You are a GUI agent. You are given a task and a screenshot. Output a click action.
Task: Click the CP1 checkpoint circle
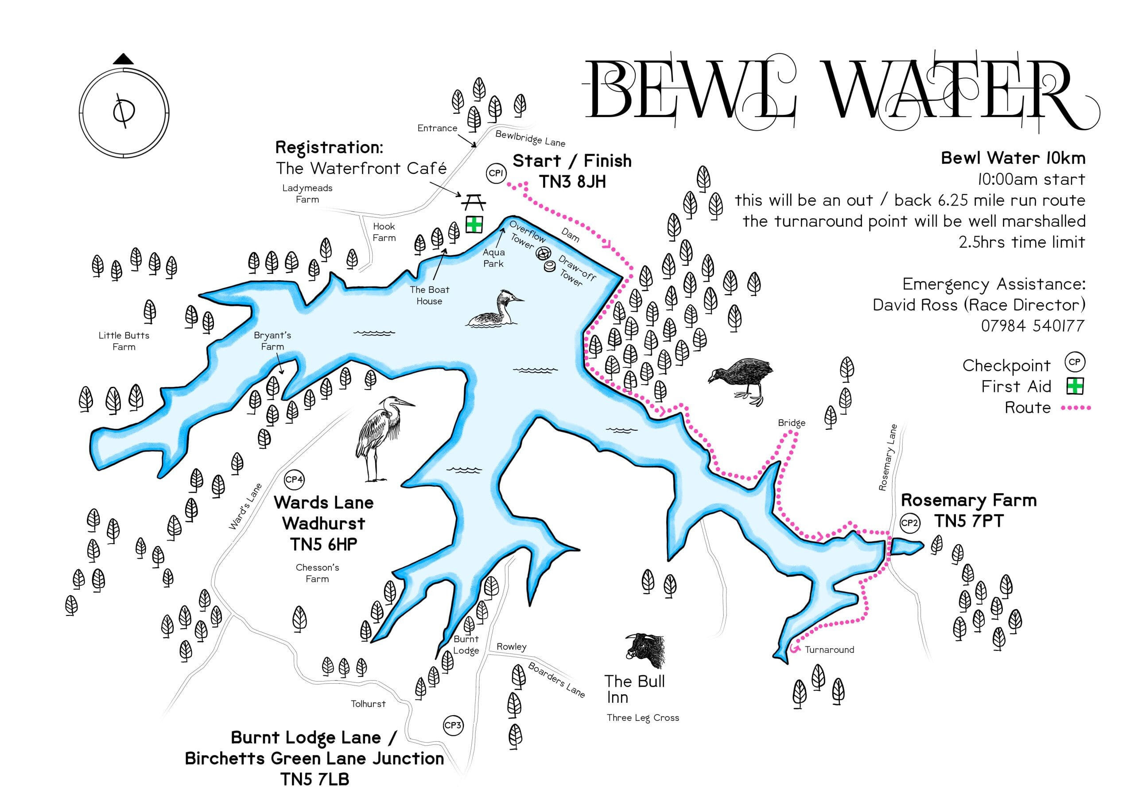pyautogui.click(x=495, y=173)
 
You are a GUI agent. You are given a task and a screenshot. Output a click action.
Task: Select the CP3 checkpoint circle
pyautogui.click(x=452, y=725)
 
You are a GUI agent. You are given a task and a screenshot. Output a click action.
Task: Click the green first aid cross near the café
pyautogui.click(x=474, y=224)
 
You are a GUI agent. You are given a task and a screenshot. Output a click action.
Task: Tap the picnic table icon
pyautogui.click(x=474, y=202)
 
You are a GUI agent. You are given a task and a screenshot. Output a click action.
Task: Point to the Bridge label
pyautogui.click(x=791, y=423)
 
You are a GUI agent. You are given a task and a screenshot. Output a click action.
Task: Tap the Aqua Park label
pyautogui.click(x=493, y=258)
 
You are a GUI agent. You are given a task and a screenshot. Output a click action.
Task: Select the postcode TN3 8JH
pyautogui.click(x=572, y=182)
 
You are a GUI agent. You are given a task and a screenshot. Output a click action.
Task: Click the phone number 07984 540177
pyautogui.click(x=1032, y=326)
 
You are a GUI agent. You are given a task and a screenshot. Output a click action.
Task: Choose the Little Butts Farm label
pyautogui.click(x=124, y=341)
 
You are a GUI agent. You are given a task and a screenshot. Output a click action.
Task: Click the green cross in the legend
pyautogui.click(x=1075, y=386)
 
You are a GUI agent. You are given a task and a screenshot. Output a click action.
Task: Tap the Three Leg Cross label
pyautogui.click(x=643, y=718)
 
